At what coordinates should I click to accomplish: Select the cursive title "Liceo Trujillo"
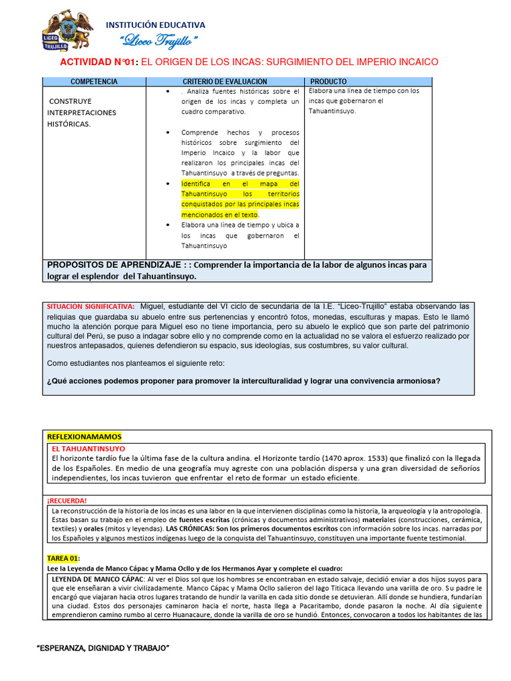pyautogui.click(x=159, y=41)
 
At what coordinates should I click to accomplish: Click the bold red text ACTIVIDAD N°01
pyautogui.click(x=98, y=62)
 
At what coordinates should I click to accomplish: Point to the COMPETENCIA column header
pyautogui.click(x=94, y=81)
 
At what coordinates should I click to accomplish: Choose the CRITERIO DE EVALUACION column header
pyautogui.click(x=224, y=81)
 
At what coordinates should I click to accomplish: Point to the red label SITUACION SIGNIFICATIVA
pyautogui.click(x=90, y=306)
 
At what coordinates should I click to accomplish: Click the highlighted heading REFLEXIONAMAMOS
pyautogui.click(x=85, y=436)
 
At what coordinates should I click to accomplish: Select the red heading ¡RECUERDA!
pyautogui.click(x=67, y=499)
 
